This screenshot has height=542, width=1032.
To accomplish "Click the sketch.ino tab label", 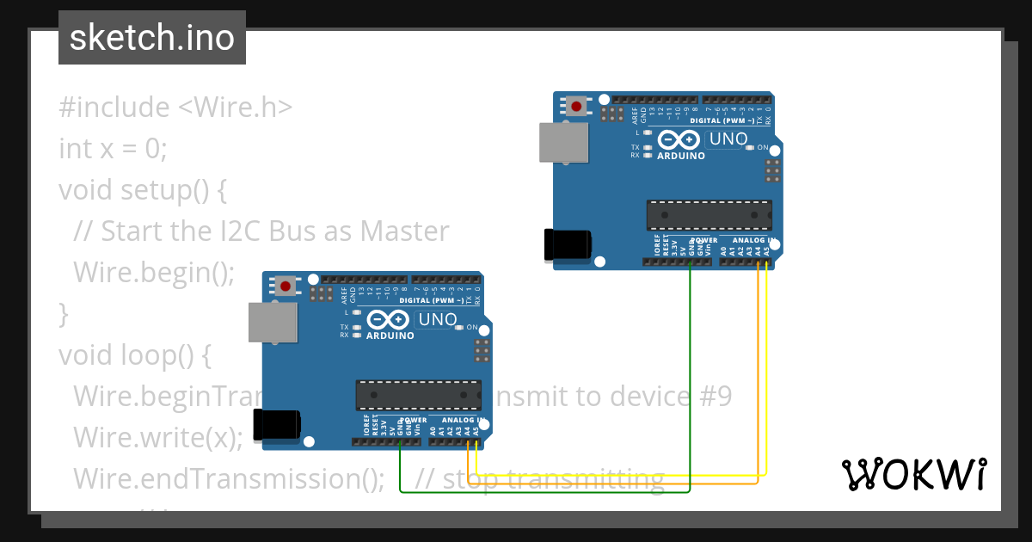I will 151,38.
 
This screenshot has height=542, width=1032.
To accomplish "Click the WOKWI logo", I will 912,474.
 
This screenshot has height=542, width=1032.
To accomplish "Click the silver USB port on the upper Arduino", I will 563,142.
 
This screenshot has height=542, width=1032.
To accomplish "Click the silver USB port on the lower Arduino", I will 273,322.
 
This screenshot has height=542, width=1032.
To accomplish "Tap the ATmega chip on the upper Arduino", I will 709,215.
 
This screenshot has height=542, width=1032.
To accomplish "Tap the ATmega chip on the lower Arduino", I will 418,395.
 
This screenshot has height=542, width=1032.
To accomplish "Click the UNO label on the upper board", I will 728,139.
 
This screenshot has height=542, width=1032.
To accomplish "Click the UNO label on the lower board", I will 437,319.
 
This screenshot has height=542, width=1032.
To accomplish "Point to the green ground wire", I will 691,387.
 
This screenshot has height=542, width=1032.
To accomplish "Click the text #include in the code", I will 114,108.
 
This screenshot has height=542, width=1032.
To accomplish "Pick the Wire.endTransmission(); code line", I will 229,477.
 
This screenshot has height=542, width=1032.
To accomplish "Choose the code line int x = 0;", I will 113,148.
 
